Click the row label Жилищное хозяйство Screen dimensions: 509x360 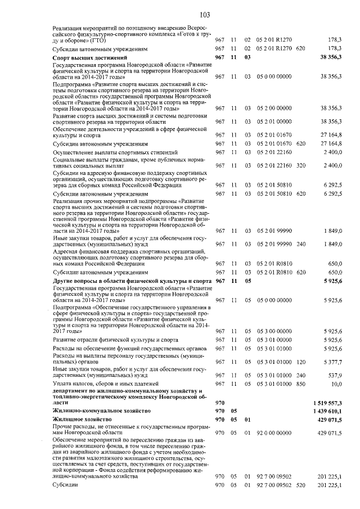coord(82,420)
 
